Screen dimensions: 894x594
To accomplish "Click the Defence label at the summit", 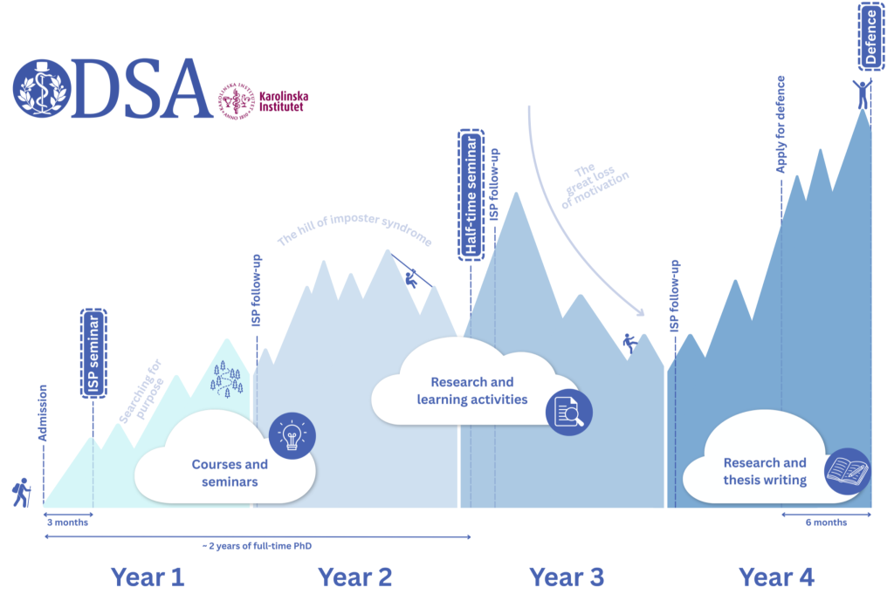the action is pos(870,37).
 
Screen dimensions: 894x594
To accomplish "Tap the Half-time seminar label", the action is pos(471,195).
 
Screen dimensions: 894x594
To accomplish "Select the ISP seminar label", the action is pos(93,353).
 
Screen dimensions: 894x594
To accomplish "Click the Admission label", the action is pos(42,413).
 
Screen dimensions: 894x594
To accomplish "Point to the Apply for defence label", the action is pos(780,124).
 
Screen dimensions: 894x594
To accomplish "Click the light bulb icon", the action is pos(292,436).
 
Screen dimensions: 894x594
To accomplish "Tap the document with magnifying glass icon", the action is pos(569,412).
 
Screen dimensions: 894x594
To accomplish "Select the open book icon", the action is pos(847,471).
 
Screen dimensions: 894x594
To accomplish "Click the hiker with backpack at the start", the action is pos(22,493).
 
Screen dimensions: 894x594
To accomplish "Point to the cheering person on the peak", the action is pos(863,94).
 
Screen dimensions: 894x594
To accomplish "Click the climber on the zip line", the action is pos(410,279).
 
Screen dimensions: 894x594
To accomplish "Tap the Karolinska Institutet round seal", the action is pos(237,101).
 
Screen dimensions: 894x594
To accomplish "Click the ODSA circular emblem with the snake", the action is pos(42,89).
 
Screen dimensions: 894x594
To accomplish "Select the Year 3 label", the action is pos(566,577).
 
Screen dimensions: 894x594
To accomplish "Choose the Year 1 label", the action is pos(148,577).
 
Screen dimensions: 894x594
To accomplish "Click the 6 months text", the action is pos(826,522).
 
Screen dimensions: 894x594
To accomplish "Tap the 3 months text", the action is pos(67,522).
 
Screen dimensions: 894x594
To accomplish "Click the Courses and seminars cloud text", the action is pos(230,473).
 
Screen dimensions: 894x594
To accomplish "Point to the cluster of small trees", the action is pos(227,378).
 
